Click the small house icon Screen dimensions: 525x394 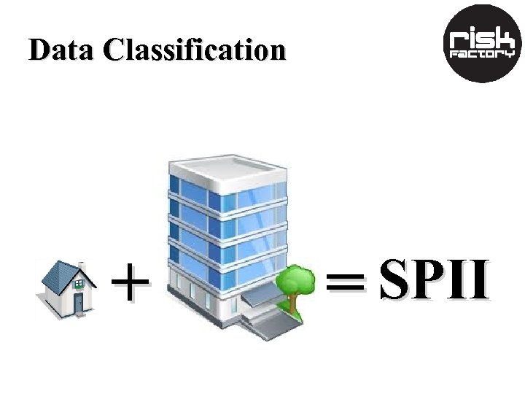tap(67, 288)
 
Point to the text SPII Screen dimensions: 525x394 tap(434, 281)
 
